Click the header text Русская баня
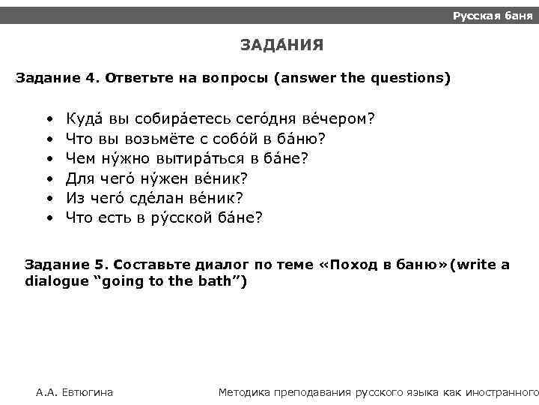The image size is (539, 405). click(492, 16)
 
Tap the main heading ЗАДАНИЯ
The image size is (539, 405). click(281, 46)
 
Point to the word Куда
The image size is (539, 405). click(85, 119)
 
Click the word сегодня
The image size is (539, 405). click(268, 119)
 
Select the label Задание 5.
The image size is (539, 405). click(65, 265)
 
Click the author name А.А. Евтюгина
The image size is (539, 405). click(75, 391)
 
